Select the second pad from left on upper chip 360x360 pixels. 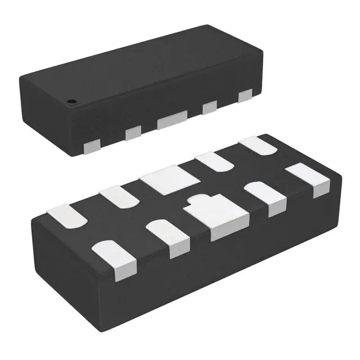[x=133, y=133]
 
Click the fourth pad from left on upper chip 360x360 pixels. [x=210, y=107]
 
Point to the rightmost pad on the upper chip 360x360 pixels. [x=245, y=97]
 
